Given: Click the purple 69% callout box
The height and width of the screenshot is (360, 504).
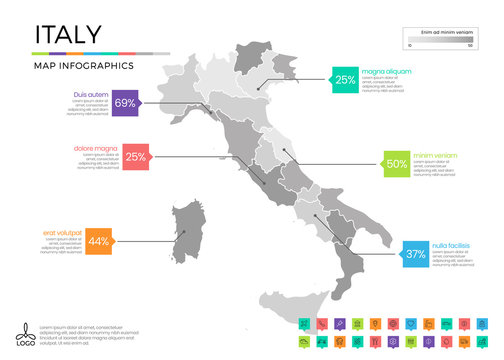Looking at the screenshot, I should [125, 103].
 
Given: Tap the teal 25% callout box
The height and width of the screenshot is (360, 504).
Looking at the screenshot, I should [345, 80].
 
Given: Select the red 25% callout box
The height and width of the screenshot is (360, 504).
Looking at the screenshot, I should [136, 157].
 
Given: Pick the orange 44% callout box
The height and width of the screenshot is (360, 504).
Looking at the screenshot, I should [98, 241].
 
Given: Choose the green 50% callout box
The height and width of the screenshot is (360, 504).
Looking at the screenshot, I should [397, 164].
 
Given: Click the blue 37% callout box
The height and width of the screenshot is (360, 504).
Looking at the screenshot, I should [388, 254].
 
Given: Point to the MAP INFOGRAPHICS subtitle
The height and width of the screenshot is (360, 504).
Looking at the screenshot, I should [83, 65].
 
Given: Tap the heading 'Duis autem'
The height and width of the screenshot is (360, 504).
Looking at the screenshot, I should [91, 93].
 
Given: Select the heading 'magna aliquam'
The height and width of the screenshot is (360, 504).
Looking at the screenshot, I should [386, 71].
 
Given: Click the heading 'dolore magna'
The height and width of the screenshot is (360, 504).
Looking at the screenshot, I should [97, 148].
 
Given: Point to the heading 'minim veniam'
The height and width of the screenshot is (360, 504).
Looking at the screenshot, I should [437, 155].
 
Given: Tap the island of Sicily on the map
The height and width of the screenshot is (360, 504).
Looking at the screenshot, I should [296, 298].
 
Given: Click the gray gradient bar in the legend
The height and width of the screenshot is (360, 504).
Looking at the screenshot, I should [440, 41].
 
